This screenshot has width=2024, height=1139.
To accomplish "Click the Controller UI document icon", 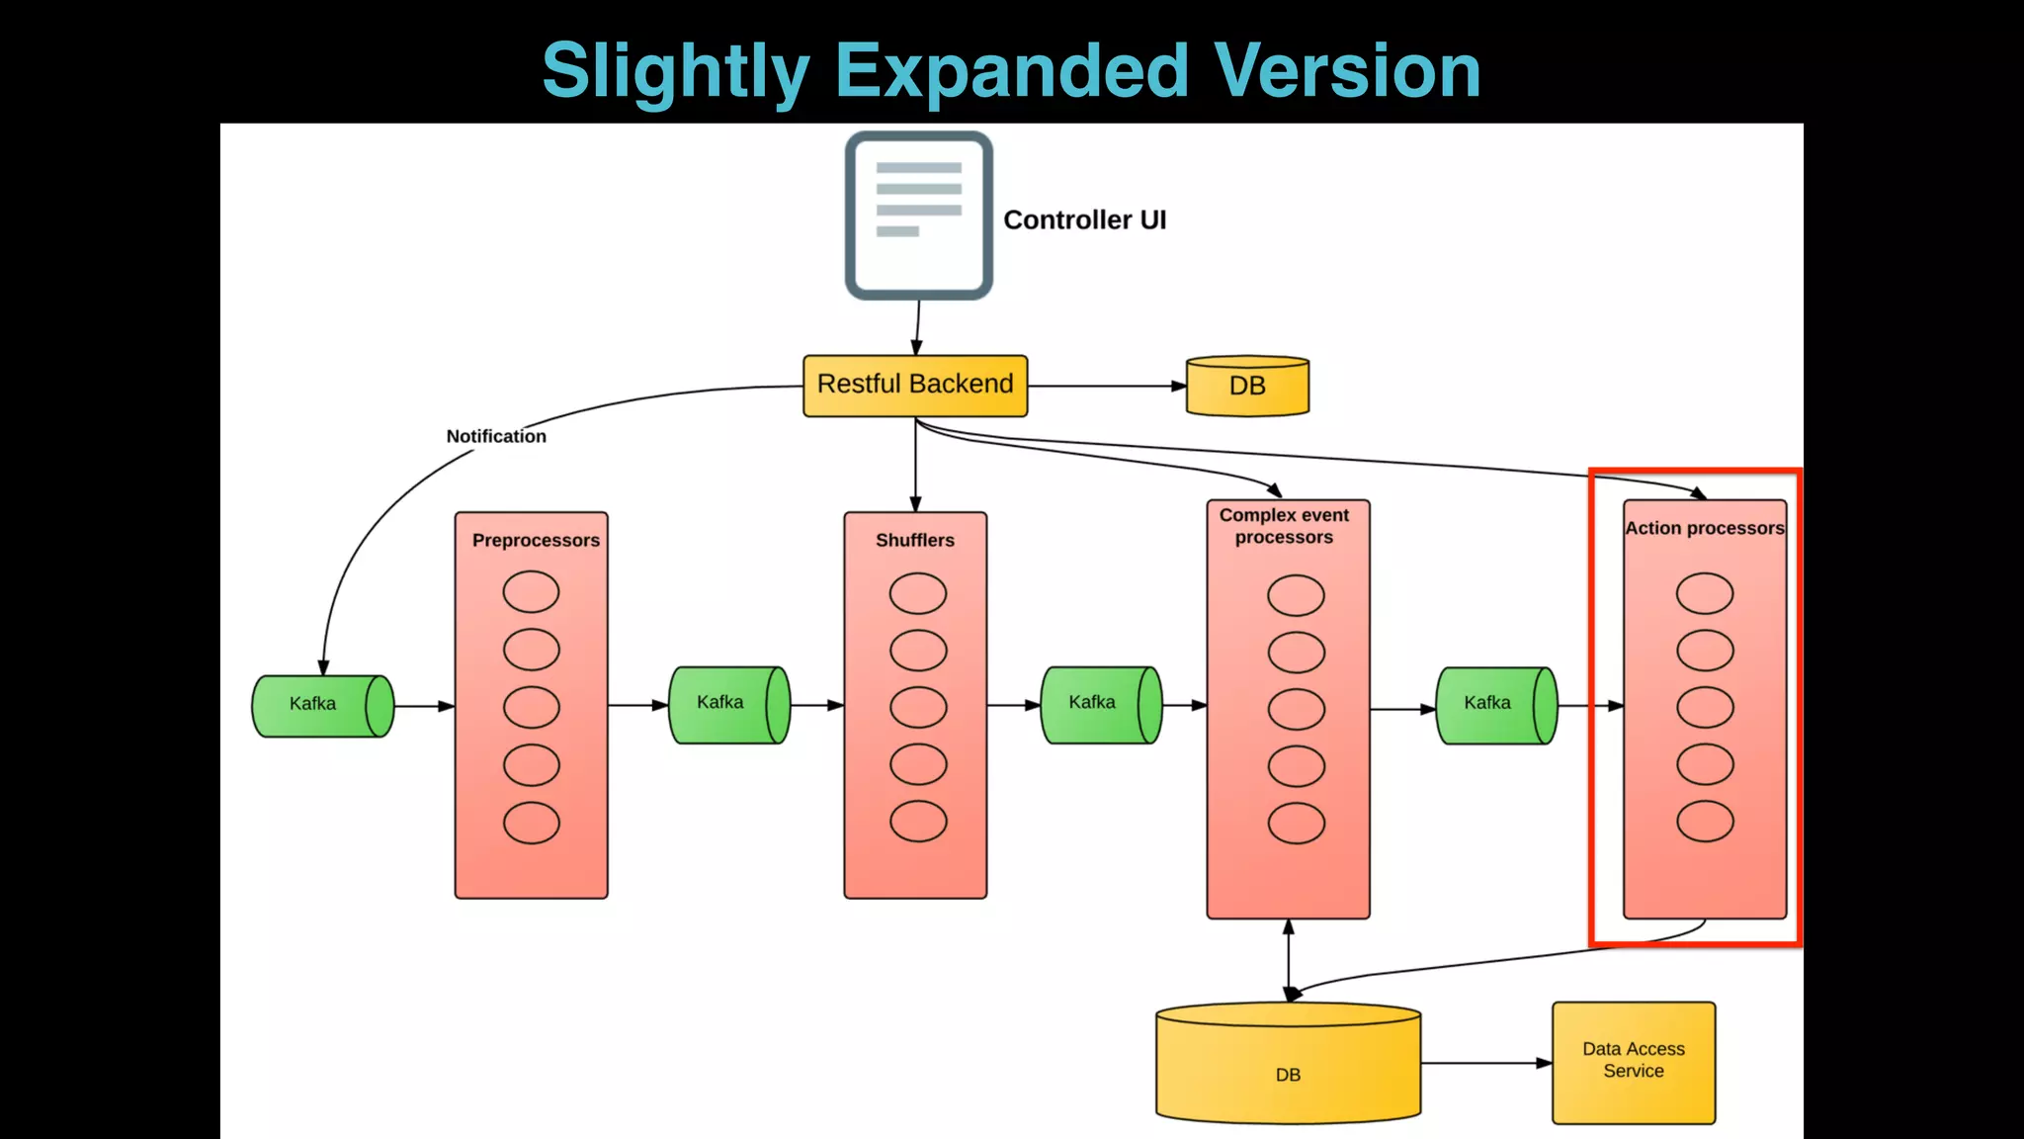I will coord(918,216).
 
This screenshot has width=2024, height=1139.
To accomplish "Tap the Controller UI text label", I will coord(1084,219).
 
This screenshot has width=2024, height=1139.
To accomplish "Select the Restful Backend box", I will coord(915,385).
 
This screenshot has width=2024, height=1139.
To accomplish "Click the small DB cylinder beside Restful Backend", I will coord(1247,386).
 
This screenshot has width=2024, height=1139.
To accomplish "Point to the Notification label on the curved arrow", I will coord(496,436).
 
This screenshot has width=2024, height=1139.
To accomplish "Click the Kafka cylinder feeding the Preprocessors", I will coord(322,705).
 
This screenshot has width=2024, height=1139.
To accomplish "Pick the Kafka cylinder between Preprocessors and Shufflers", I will coord(729,704).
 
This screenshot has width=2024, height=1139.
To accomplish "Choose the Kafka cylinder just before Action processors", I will coord(1496,704).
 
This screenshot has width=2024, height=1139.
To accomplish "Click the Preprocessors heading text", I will coord(536,540).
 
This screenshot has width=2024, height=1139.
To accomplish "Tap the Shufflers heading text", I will coord(915,540).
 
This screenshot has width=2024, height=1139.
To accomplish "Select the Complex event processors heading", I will coord(1284,526).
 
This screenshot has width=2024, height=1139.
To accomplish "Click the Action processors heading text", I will coord(1705,528).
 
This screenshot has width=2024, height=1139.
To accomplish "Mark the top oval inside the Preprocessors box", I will coord(531,591).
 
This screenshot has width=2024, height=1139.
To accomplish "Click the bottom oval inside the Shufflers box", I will coord(918,821).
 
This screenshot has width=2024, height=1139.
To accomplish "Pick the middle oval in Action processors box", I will coord(1705,707).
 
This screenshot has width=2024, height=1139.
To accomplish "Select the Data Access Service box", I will coord(1634,1062).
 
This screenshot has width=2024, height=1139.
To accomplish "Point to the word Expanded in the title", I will coord(1011,71).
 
